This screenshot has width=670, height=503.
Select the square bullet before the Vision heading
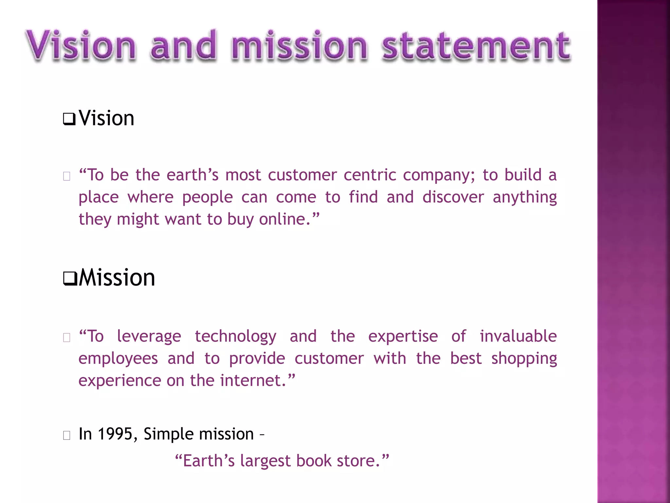pos(69,119)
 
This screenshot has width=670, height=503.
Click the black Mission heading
pos(117,278)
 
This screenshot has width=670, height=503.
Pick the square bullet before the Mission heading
pos(70,278)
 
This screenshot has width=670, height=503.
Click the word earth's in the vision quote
pos(192,175)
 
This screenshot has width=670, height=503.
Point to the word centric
pos(370,175)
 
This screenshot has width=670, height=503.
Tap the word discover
pos(453,197)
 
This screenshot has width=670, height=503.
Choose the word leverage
pos(149,337)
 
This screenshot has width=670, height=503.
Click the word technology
pos(236,337)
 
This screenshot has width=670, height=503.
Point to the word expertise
pos(403,337)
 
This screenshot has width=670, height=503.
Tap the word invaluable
pos(518,336)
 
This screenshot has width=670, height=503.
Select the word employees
pos(118,359)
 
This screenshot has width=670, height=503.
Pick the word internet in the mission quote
pos(250,381)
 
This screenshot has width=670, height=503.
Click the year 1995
pos(115,434)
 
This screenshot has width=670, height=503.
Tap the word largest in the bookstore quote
pos(265,461)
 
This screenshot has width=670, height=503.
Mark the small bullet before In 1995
pos(67,435)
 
